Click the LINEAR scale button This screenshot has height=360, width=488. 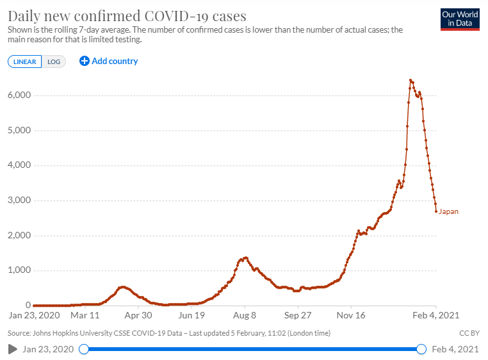(25, 61)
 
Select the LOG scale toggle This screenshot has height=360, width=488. (54, 61)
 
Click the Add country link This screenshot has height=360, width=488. (109, 61)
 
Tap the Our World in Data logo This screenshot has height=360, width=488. (460, 19)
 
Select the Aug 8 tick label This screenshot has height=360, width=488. (245, 316)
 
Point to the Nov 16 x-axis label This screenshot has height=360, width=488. (351, 316)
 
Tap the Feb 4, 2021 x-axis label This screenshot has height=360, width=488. (435, 316)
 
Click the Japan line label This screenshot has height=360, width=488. (448, 211)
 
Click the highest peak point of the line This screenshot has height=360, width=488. (411, 80)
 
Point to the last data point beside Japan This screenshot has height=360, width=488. (436, 211)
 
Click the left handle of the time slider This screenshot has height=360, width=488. (83, 349)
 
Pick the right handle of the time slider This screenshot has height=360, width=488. (421, 349)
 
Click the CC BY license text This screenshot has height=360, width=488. (469, 333)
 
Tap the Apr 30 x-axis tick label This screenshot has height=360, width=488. (138, 316)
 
